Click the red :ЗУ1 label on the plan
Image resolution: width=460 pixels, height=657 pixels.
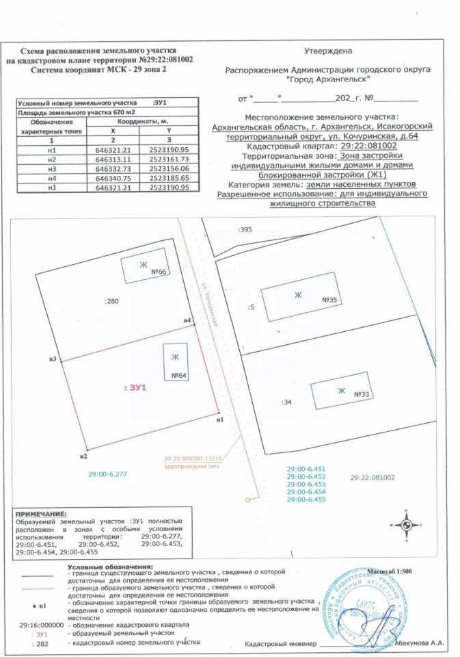coord(135,388)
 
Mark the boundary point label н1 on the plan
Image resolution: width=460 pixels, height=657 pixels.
coord(219,419)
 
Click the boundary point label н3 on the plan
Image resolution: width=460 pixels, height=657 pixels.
coord(52,359)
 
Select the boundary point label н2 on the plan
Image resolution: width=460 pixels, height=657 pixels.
coord(83,455)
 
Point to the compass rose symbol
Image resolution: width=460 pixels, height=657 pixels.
coord(406,525)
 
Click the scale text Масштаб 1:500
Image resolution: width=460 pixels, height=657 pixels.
coord(390,569)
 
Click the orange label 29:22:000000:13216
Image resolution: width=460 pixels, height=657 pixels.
coord(194,459)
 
